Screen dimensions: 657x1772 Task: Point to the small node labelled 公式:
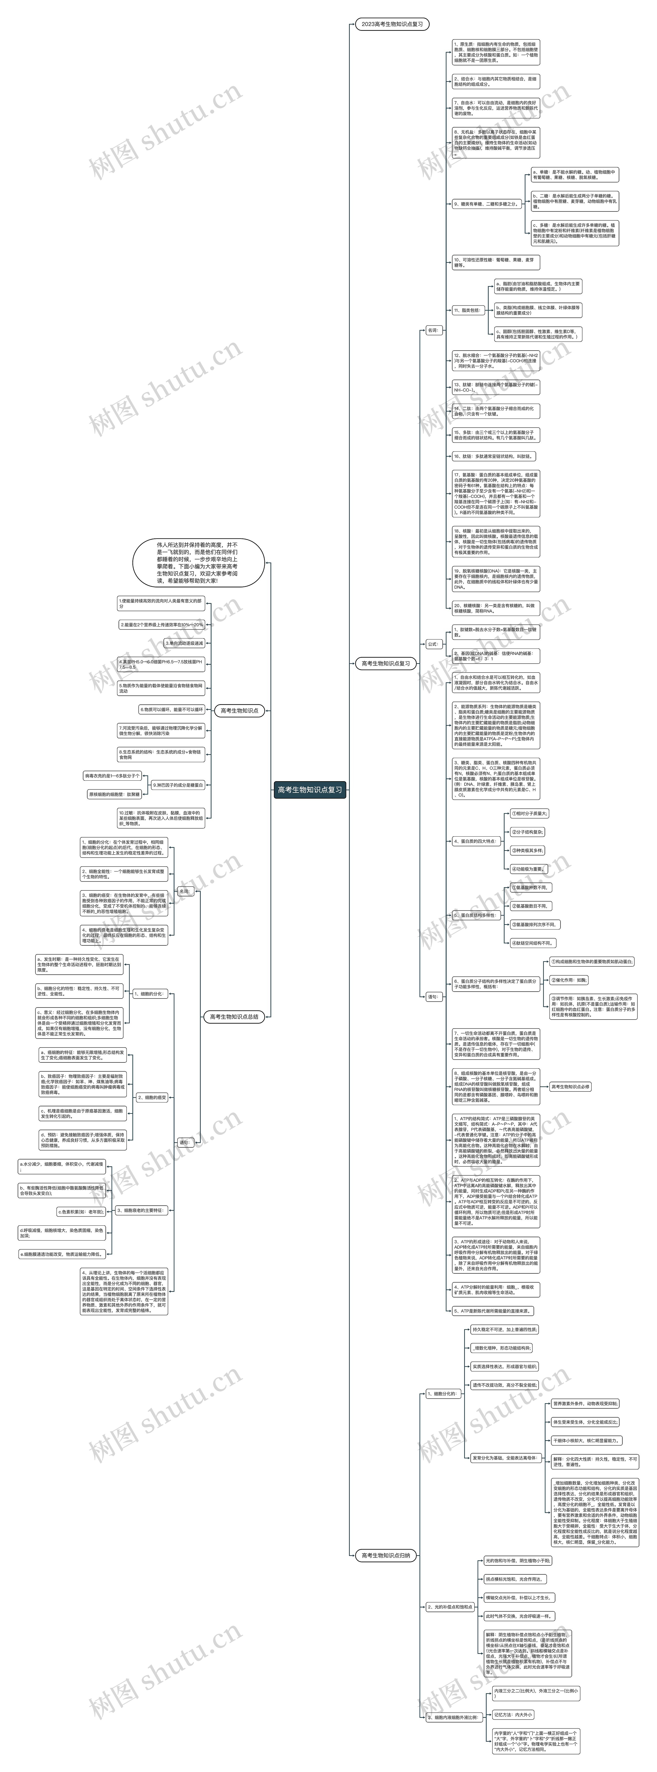pyautogui.click(x=433, y=644)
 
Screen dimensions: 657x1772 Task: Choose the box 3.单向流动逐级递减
pyautogui.click(x=184, y=643)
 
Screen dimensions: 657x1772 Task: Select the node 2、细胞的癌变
pyautogui.click(x=152, y=1098)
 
